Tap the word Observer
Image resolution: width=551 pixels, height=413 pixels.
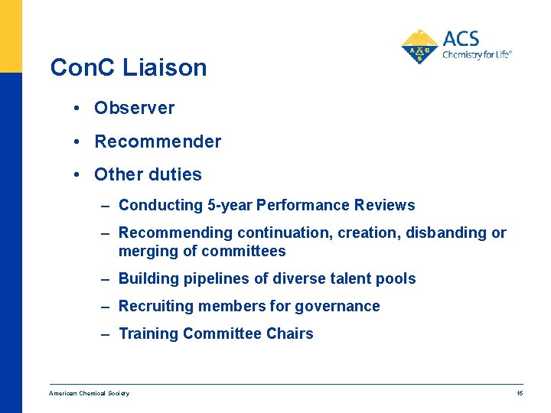click(134, 108)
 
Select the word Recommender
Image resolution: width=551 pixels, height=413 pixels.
click(158, 141)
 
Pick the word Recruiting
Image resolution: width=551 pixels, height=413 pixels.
click(156, 306)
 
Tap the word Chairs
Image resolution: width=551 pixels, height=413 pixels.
click(290, 333)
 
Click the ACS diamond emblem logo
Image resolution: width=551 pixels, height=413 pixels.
click(419, 47)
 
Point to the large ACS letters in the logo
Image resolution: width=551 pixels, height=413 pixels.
click(461, 38)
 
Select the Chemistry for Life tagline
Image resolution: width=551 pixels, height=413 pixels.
click(476, 55)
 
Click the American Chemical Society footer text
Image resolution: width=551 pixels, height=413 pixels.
click(89, 393)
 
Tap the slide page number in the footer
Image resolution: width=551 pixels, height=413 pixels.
click(520, 393)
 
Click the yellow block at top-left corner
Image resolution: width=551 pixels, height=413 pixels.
click(11, 35)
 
